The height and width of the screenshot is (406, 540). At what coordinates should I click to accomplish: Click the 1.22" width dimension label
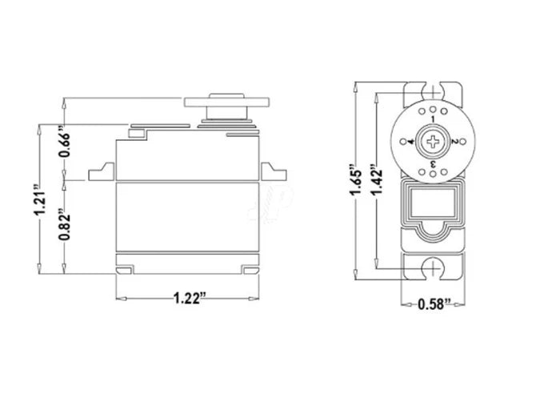coord(190,299)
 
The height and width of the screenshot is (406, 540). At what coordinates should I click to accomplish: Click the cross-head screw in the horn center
coord(433,143)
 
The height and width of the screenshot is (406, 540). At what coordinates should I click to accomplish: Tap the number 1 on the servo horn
coord(433,120)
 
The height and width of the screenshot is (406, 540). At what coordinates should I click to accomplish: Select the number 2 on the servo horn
coord(454,142)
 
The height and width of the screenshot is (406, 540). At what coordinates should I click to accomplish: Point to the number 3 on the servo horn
coord(433,163)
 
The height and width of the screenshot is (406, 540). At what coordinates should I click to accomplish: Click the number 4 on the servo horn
coord(411,142)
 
